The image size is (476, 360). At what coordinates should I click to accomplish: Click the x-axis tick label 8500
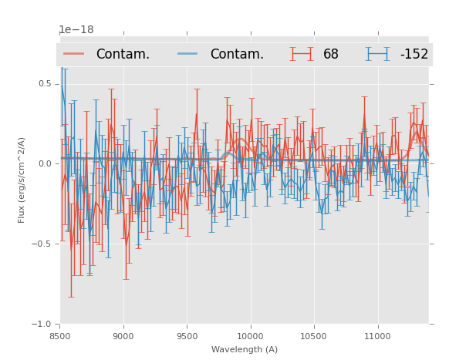[x=60, y=336]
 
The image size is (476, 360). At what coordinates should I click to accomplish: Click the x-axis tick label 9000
[x=123, y=336]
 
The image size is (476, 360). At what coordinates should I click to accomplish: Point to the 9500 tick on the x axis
[x=187, y=336]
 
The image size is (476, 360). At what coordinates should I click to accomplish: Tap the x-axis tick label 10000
[x=250, y=336]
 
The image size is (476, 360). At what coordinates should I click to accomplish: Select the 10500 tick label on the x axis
[x=313, y=336]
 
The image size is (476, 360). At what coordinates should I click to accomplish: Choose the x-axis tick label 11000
[x=376, y=336]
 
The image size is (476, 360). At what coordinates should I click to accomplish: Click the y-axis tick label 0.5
[x=44, y=83]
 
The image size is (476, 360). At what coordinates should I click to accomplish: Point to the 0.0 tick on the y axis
[x=44, y=163]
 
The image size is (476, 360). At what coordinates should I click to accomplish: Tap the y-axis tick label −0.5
[x=42, y=244]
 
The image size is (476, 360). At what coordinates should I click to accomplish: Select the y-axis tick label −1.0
[x=42, y=324]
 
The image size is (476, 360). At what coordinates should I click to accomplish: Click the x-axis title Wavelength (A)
[x=245, y=349]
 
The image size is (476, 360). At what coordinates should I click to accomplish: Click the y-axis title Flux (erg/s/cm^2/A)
[x=22, y=180]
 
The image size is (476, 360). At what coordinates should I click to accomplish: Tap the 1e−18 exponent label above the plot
[x=76, y=30]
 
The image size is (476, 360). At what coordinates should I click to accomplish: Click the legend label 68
[x=331, y=55]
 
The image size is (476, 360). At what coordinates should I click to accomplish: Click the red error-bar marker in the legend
[x=302, y=54]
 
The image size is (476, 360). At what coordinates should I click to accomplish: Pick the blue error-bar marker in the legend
[x=377, y=54]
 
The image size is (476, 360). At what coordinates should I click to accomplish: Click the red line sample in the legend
[x=74, y=54]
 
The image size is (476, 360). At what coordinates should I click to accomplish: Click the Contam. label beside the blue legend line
[x=237, y=55]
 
